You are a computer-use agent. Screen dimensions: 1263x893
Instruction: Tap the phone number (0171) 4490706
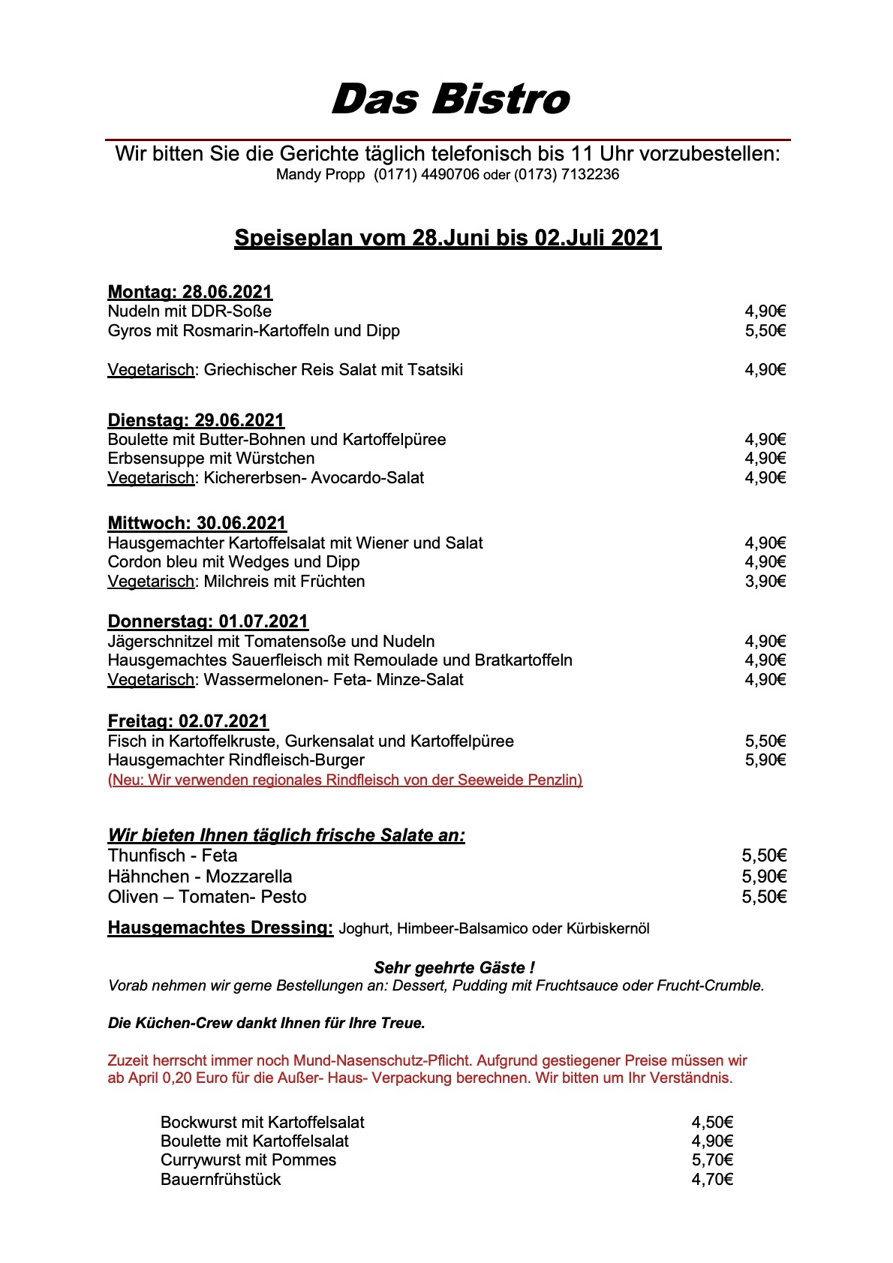426,175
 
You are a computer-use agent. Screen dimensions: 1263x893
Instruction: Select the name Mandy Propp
320,175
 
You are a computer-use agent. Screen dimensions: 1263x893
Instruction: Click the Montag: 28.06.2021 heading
190,292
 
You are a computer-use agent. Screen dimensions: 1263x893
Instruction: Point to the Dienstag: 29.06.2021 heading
196,420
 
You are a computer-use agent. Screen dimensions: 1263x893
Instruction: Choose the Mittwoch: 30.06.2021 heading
197,523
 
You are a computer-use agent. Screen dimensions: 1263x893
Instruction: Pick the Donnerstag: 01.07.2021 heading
208,621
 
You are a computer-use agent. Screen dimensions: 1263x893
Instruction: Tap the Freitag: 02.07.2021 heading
188,721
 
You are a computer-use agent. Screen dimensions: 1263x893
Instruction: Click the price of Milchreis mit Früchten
765,582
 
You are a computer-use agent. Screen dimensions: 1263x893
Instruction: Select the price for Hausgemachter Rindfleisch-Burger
765,760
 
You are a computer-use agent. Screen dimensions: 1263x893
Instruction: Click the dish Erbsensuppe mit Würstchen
211,459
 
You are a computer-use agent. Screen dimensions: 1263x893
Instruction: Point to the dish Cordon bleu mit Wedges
233,562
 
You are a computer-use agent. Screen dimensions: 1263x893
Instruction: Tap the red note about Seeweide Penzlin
345,780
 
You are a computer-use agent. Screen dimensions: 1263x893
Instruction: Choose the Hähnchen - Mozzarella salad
200,877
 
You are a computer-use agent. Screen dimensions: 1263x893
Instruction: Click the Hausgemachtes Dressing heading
220,928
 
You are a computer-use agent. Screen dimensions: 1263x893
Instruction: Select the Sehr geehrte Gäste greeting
454,968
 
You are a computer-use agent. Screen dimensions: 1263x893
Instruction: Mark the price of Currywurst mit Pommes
711,1160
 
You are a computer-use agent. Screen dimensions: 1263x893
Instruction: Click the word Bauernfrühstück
221,1180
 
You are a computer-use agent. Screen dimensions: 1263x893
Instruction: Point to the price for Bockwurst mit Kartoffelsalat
711,1123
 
